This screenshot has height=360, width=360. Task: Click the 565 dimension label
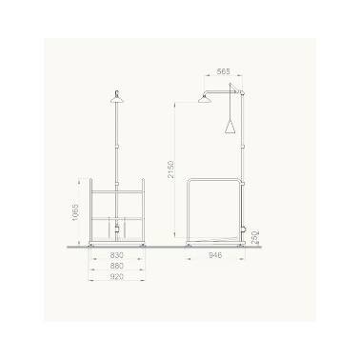(223, 71)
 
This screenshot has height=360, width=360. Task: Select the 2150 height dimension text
(170, 170)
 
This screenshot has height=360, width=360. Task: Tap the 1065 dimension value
(75, 212)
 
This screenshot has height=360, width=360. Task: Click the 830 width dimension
(116, 254)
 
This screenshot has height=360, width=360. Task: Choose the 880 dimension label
(116, 266)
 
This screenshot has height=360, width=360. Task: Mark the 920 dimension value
(116, 277)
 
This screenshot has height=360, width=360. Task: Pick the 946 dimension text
(215, 255)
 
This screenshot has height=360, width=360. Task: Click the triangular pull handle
(230, 127)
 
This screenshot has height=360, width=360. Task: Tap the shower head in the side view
(205, 99)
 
